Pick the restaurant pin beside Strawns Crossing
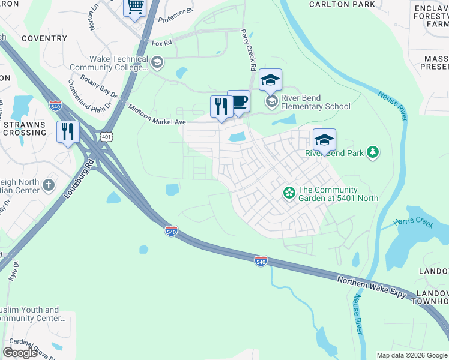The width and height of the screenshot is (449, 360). pos(68,131)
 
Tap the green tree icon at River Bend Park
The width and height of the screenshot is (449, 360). pos(373,152)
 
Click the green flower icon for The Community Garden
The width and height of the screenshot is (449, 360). pos(289,193)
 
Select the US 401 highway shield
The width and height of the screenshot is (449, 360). pos(106,136)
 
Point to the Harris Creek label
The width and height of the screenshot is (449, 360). pos(413,223)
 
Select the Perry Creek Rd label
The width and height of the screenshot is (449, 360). pos(249,47)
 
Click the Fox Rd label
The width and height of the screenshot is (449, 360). pos(161,43)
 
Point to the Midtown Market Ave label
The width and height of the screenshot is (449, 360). pos(157,113)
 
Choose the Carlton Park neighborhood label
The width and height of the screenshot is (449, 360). pos(342,4)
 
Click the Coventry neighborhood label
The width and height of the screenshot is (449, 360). pos(44,38)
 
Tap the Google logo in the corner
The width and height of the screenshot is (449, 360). pos(20,353)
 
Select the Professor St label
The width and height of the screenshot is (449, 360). pos(176,16)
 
